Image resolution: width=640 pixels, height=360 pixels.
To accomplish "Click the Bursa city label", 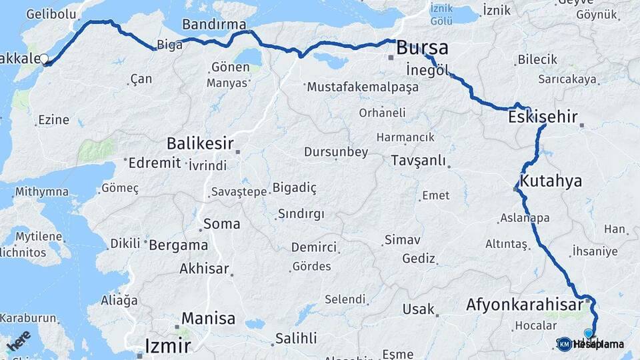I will pos(422,48).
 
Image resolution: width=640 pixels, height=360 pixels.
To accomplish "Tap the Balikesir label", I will pos(200,143).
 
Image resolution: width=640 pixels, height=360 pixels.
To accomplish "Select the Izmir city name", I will pos(168,346).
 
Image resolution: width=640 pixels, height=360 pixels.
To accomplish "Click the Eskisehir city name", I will pos(542,117).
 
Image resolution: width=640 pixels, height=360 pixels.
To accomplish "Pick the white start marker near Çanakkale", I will pos(45,59).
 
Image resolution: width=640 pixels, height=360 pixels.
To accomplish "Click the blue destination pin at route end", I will pos(589,333).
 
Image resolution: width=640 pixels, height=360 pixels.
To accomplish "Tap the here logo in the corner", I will pos(18,340).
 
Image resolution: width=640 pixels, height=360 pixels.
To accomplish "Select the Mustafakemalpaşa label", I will pos(362,87).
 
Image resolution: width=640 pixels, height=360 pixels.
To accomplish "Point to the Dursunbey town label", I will pos(336,152).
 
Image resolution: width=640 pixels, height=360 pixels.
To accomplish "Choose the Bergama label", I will pos(178,245).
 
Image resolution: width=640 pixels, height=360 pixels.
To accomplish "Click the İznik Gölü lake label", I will pos(441,14).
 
